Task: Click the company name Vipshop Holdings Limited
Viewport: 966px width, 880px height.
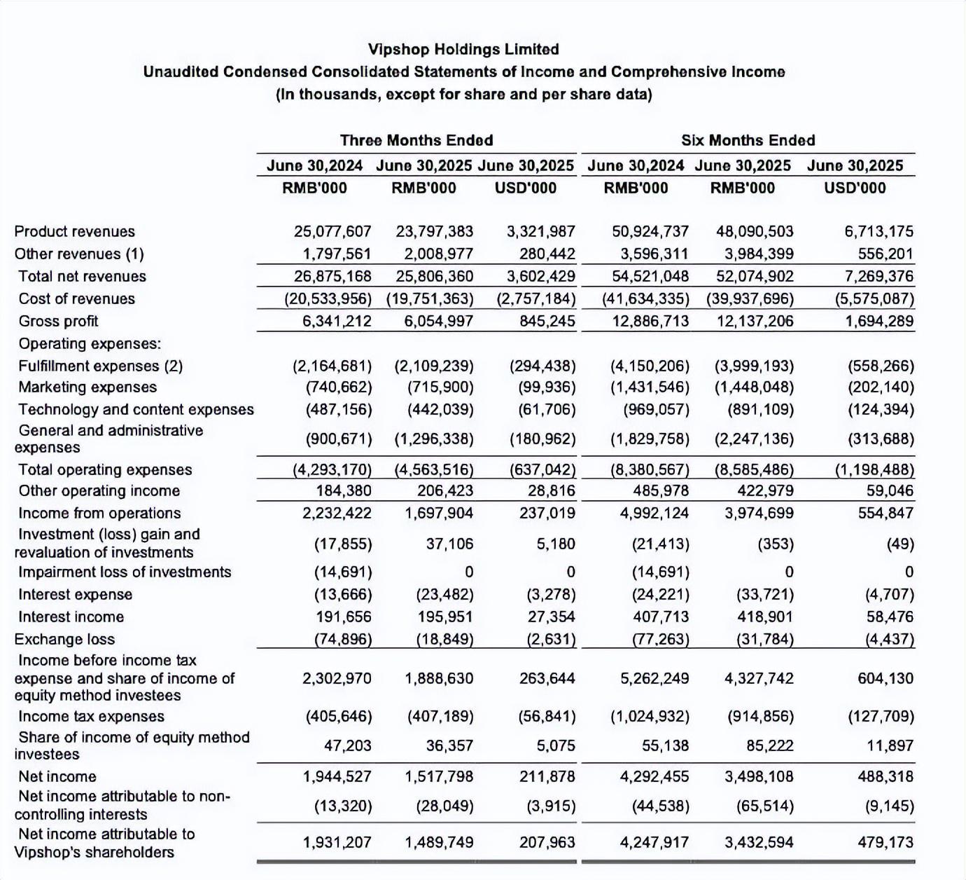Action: click(463, 49)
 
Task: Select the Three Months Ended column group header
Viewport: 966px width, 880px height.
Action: click(416, 140)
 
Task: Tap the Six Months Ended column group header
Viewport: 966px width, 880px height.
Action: click(748, 140)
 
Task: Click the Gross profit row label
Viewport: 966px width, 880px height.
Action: click(58, 321)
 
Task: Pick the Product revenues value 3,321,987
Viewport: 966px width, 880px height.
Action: click(540, 231)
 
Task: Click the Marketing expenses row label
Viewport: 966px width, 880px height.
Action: click(87, 387)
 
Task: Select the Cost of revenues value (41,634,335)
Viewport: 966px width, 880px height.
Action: click(645, 298)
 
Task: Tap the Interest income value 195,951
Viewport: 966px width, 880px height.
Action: click(439, 617)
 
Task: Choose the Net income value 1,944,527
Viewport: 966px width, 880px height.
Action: click(337, 776)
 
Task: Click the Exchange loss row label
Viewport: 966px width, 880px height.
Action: click(64, 639)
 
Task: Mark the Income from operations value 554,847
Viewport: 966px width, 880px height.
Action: click(885, 513)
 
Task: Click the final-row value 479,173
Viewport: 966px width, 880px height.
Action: click(885, 842)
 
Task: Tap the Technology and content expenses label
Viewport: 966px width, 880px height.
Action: click(136, 409)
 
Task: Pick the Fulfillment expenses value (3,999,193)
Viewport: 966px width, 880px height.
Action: click(754, 366)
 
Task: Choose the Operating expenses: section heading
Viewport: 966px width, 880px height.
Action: click(90, 343)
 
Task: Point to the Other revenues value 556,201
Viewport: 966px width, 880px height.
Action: click(885, 254)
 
